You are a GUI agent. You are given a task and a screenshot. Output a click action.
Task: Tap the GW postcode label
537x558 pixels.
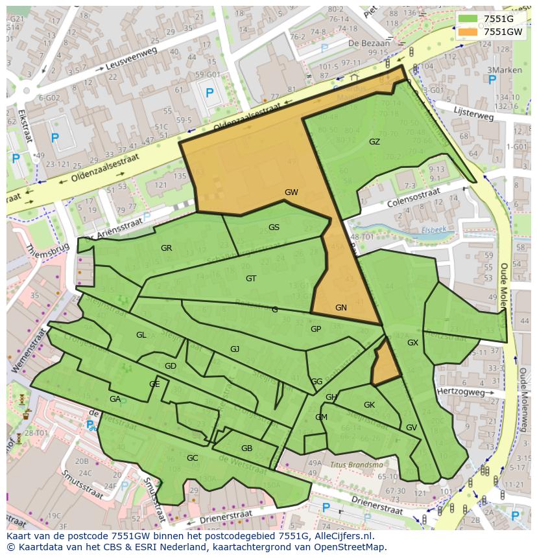click(291, 192)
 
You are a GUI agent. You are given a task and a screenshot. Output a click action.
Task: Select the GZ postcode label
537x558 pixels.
click(374, 142)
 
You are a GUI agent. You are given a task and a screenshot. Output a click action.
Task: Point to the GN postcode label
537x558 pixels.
click(341, 308)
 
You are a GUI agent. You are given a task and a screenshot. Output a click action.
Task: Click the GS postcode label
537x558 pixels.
click(274, 227)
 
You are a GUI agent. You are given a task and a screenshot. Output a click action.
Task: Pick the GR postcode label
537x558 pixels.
click(167, 248)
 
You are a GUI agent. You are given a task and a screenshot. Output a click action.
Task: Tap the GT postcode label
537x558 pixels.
click(251, 279)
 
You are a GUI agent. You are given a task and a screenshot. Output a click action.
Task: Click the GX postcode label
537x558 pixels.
click(412, 343)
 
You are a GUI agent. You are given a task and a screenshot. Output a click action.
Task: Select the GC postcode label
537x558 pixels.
click(192, 458)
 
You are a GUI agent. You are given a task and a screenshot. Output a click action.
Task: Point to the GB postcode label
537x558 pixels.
click(246, 448)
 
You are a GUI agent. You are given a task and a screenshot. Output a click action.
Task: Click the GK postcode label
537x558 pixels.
click(369, 405)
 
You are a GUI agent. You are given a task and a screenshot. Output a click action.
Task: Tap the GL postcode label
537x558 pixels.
click(141, 335)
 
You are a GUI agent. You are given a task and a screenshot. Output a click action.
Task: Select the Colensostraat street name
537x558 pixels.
click(413, 195)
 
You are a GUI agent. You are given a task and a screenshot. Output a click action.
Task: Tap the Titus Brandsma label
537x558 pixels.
click(357, 465)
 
